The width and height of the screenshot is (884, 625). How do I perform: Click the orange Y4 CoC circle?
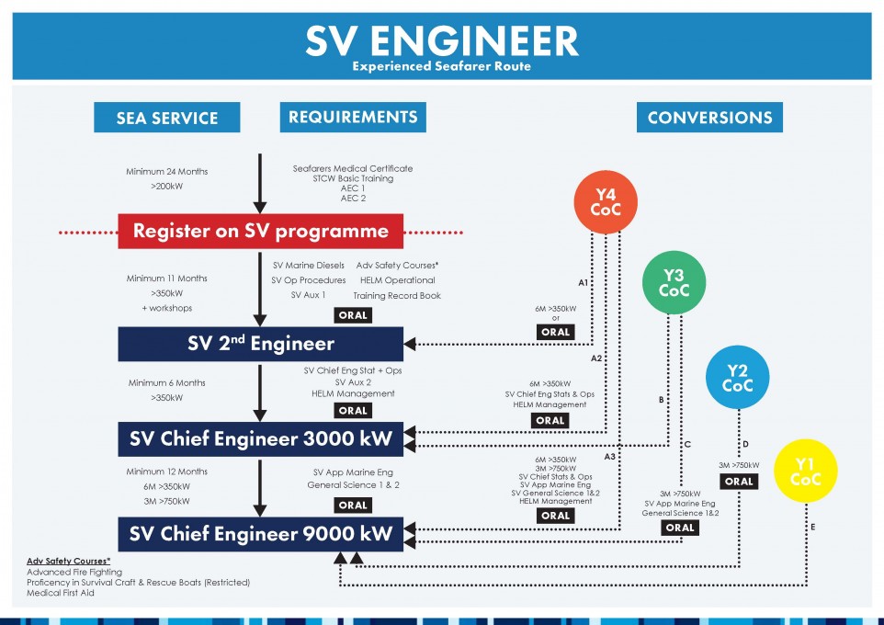click(606, 202)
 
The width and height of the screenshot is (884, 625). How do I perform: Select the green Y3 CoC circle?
click(674, 282)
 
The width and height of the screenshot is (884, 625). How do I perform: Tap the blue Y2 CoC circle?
click(737, 378)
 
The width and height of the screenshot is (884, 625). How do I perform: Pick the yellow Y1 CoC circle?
click(805, 471)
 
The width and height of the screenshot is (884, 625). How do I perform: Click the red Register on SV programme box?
click(260, 232)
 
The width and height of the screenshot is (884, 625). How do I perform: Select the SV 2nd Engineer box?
click(260, 344)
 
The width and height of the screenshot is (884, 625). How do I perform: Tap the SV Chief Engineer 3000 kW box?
click(260, 438)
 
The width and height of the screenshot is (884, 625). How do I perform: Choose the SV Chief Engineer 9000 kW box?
click(260, 534)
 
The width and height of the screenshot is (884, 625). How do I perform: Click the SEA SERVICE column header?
click(167, 118)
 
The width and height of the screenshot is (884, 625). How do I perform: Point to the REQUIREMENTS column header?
click(353, 118)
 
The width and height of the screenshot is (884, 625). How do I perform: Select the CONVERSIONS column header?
click(709, 118)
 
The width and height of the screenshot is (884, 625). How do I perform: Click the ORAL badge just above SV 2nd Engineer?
click(353, 315)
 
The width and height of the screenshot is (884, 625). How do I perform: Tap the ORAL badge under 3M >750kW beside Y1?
click(739, 482)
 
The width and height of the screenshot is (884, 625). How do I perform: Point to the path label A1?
click(583, 282)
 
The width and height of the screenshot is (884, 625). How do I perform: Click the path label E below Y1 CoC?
click(813, 527)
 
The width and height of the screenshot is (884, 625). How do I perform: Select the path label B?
click(662, 400)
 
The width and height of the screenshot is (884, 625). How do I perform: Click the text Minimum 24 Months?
click(167, 172)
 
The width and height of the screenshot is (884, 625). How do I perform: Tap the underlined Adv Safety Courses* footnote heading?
click(68, 561)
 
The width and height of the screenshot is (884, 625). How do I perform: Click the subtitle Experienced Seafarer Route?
click(441, 66)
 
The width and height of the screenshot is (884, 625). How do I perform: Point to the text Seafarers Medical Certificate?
click(353, 168)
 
